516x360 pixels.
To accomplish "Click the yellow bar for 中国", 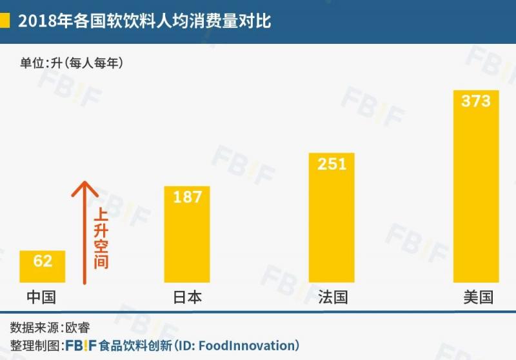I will coord(42,271).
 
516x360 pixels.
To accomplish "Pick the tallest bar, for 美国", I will coord(476,194).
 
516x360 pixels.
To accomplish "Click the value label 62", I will coord(43,261).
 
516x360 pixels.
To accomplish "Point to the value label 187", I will coord(188,197).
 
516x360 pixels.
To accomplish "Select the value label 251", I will coord(332,164).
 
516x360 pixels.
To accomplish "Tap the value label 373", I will coord(476,101).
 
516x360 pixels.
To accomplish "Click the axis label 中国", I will coord(42,297).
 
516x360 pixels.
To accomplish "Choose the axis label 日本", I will coord(187,297).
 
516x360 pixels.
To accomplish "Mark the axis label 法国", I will coord(333,297).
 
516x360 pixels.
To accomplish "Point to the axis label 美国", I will coord(478,297).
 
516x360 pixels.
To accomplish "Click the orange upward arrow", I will coord(84,232).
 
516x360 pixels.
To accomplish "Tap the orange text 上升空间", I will coord(101,239).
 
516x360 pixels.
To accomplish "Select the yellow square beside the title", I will coord(5,21).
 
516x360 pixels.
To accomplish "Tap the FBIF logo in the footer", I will coord(81,345).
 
